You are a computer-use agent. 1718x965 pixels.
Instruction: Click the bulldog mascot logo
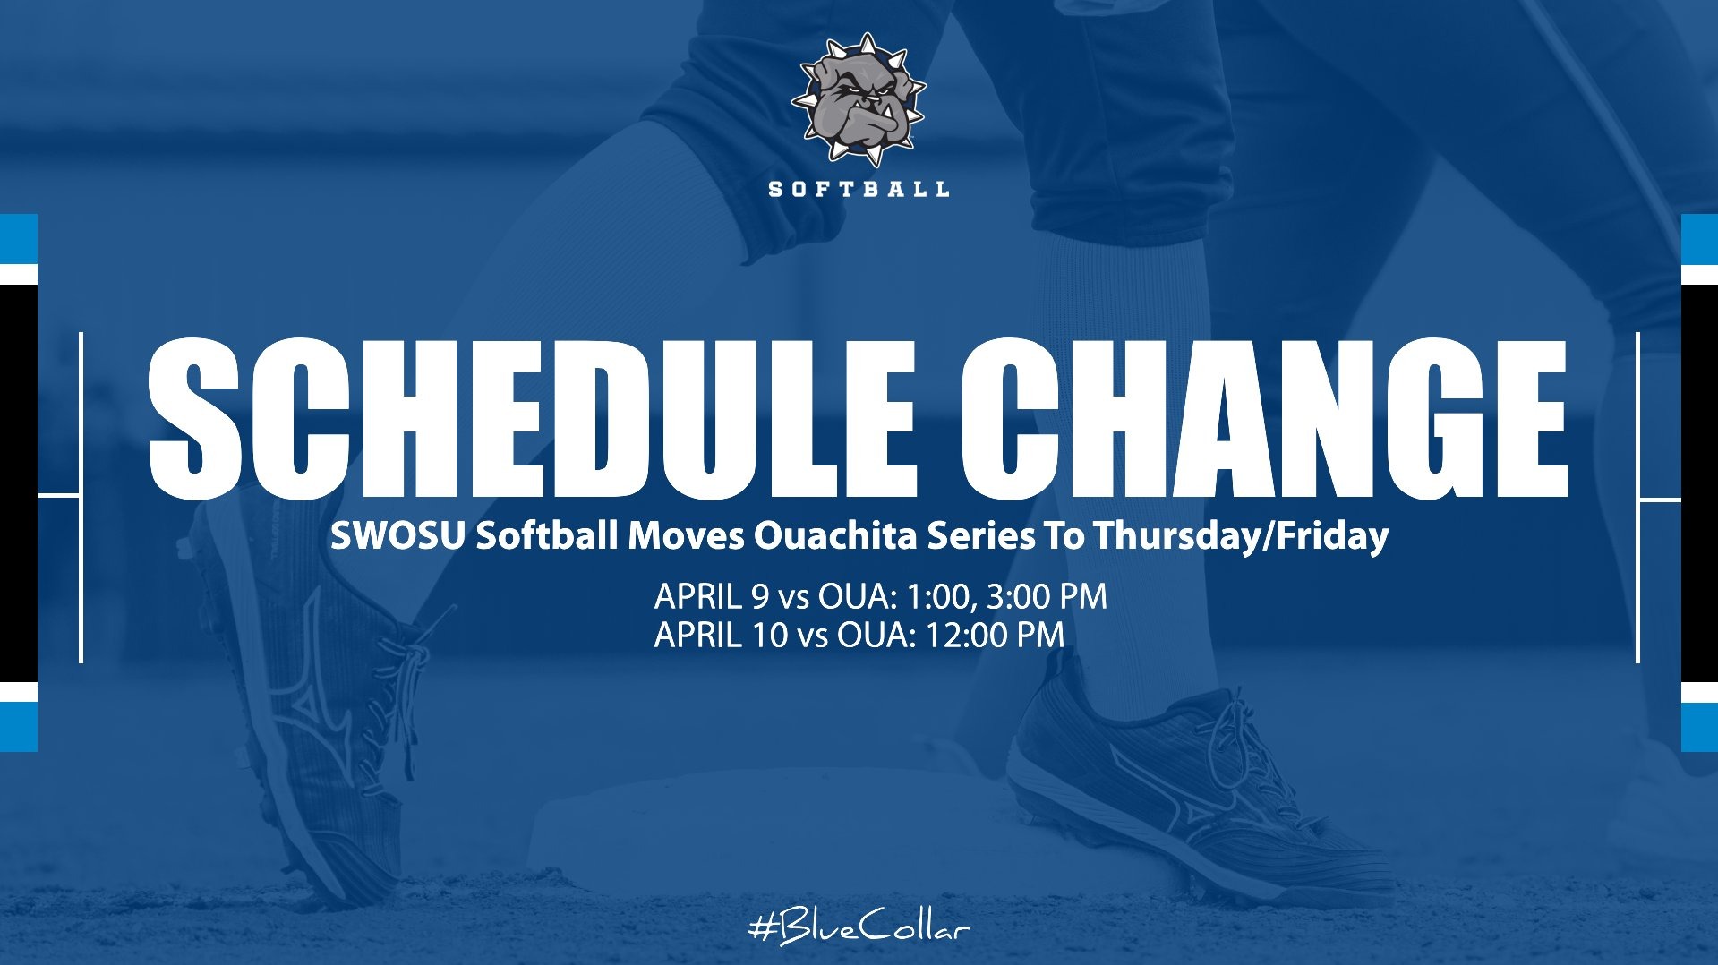[x=858, y=100]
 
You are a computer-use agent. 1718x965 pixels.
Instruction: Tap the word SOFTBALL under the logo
[x=859, y=189]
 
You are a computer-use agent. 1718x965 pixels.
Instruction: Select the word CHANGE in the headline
[x=1262, y=419]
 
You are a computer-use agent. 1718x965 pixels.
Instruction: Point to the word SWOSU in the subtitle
[x=398, y=535]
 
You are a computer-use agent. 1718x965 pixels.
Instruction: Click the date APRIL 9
[x=711, y=596]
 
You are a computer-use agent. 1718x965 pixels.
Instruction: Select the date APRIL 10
[x=720, y=635]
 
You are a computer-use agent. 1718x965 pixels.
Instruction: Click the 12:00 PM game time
[x=995, y=635]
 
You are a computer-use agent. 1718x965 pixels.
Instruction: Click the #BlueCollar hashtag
[x=859, y=928]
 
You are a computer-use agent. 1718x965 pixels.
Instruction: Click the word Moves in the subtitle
[x=686, y=535]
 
